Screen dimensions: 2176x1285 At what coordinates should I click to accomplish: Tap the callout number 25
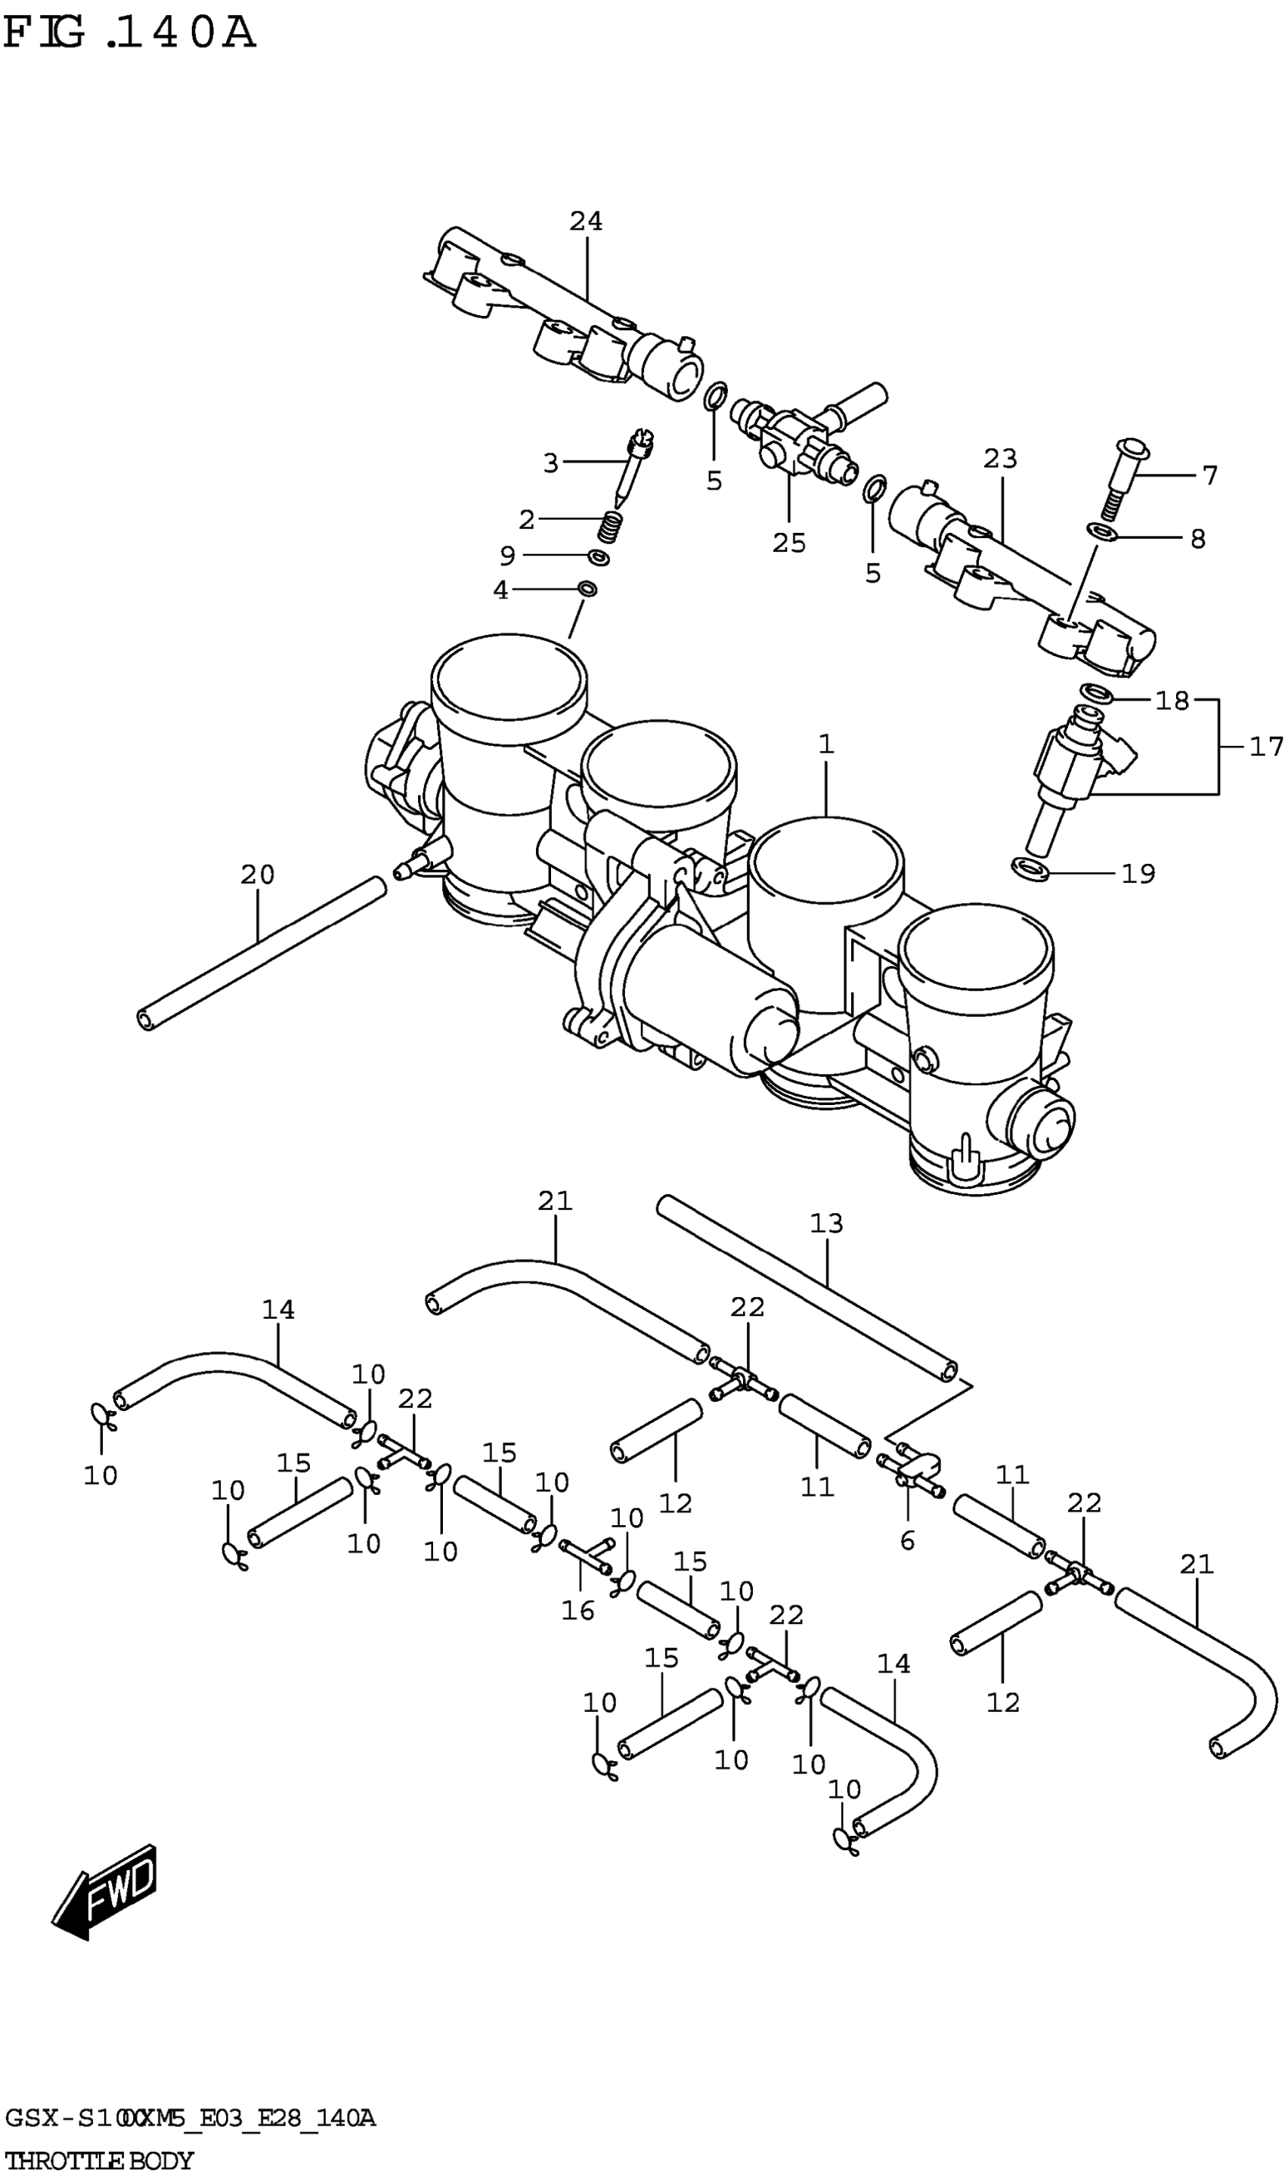pos(789,543)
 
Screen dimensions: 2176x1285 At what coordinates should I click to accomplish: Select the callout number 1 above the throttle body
pos(826,744)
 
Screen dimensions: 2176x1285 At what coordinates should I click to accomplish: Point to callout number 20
pos(257,874)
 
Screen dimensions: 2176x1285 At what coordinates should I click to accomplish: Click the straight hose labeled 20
pos(260,952)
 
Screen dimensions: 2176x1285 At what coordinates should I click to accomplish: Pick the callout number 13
pos(826,1223)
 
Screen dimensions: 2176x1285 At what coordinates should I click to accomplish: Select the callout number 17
pos(1265,746)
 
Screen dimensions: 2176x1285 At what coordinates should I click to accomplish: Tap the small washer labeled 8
pos(1101,531)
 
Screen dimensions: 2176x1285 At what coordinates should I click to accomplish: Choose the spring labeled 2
pos(612,527)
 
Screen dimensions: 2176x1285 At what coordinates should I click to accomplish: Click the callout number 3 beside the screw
pos(551,463)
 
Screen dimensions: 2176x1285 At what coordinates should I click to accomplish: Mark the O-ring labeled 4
pos(587,590)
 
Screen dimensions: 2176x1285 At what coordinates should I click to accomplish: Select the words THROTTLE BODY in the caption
pos(100,2160)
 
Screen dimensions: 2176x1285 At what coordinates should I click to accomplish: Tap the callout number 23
pos(999,459)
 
